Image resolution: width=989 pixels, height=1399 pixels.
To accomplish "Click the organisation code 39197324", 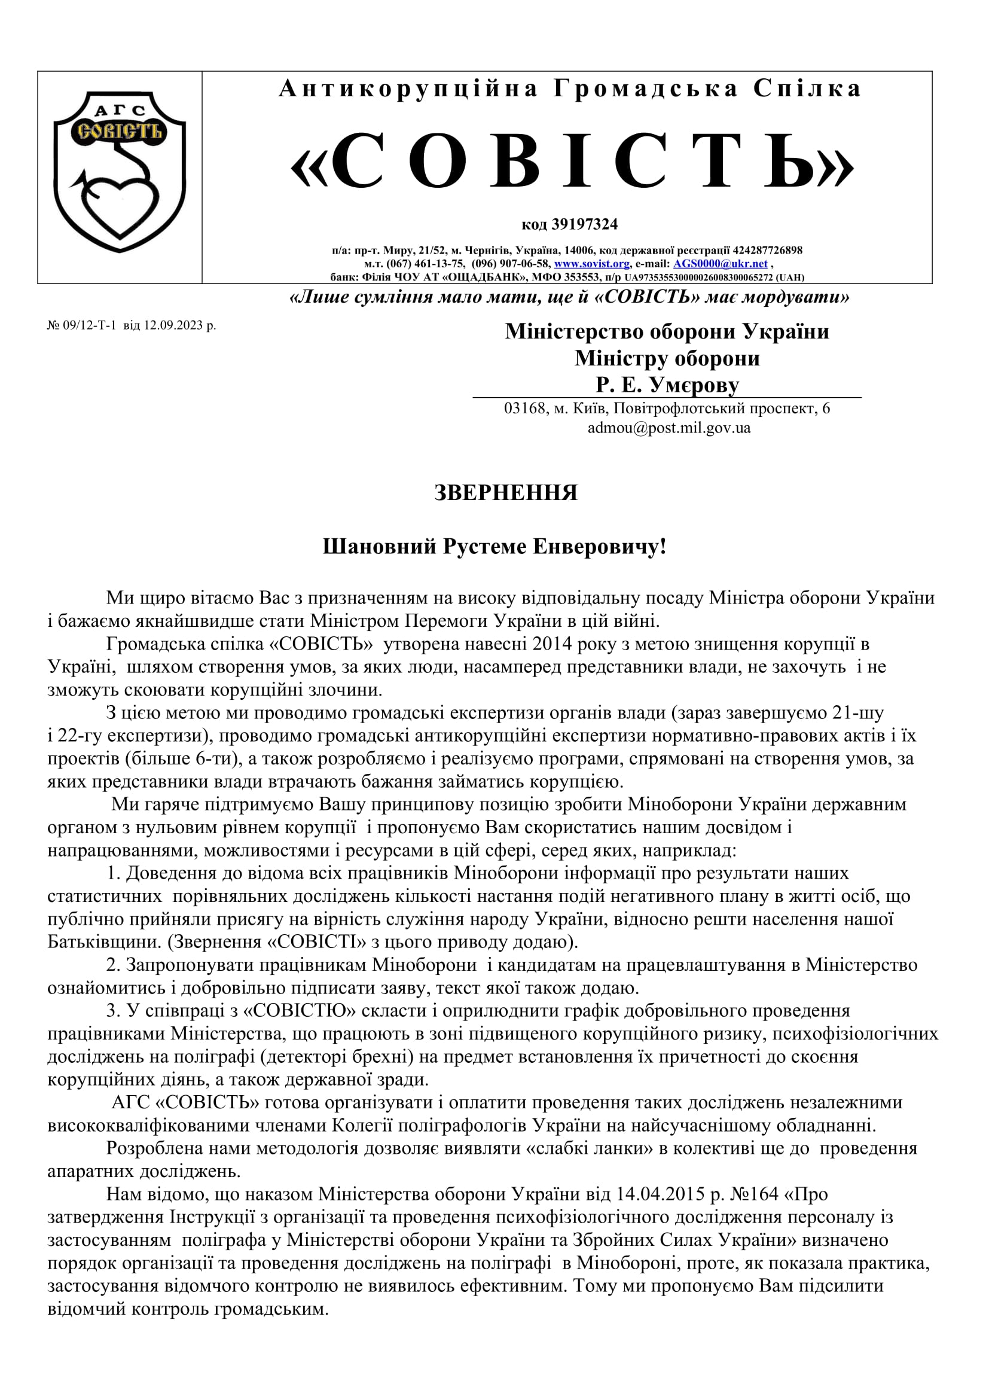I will [x=584, y=224].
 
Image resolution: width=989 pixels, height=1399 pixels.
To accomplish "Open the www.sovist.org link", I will [x=591, y=264].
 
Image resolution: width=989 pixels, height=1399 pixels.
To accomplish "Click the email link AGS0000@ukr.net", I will [x=720, y=264].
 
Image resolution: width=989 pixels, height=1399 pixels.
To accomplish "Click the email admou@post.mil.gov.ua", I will [x=669, y=428].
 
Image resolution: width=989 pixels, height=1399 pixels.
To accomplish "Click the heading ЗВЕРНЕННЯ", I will [x=505, y=492].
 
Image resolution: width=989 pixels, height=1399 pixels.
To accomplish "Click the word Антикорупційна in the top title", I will [x=408, y=89].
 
